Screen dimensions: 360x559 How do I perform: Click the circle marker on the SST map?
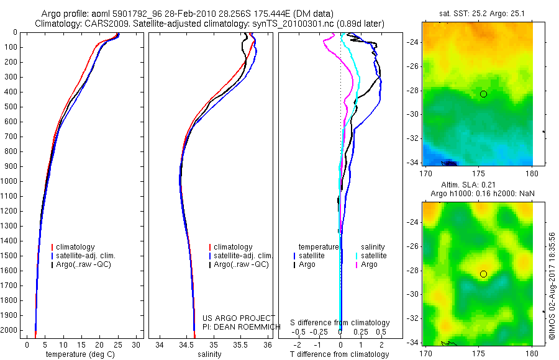[x=483, y=94]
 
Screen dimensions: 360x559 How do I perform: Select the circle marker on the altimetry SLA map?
[x=483, y=274]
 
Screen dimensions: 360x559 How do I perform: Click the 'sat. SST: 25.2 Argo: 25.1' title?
[x=477, y=14]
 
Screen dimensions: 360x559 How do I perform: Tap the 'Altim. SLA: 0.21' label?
[x=477, y=185]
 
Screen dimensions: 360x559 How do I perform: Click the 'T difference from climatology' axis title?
[x=339, y=354]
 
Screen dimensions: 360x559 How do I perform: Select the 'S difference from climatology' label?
[x=340, y=323]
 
